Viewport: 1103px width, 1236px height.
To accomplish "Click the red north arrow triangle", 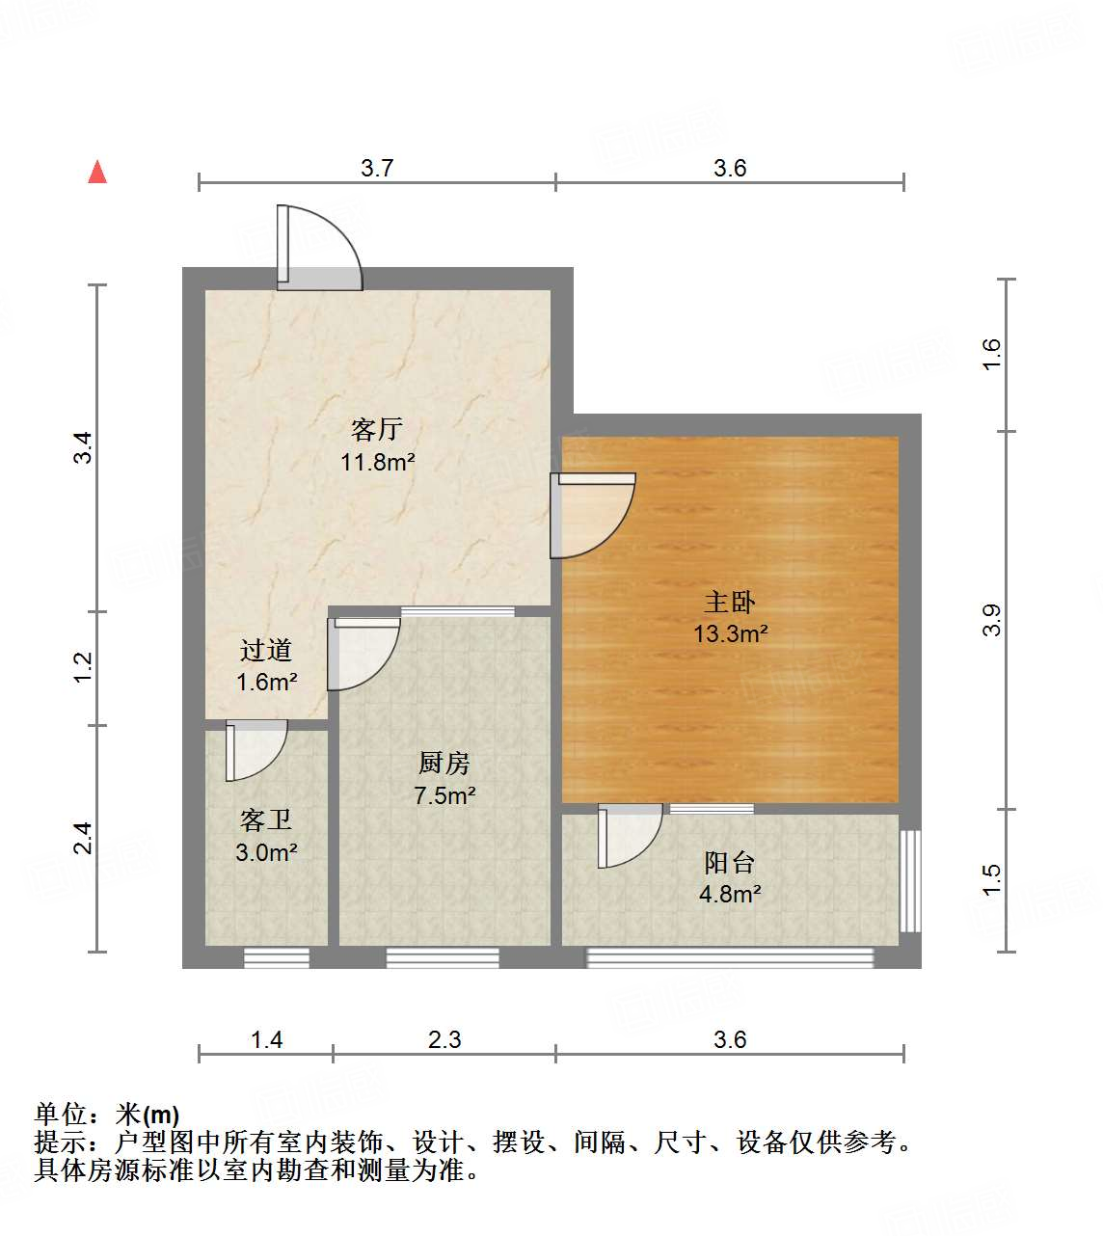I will pyautogui.click(x=97, y=173).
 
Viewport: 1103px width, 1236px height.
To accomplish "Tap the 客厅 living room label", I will pyautogui.click(x=377, y=429).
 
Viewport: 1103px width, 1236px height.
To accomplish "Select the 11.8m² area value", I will pyautogui.click(x=377, y=462).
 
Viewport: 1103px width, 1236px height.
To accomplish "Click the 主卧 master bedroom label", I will pyautogui.click(x=730, y=603).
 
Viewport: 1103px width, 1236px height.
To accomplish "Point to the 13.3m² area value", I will pyautogui.click(x=730, y=633).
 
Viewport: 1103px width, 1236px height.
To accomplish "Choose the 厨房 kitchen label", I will pyautogui.click(x=444, y=764).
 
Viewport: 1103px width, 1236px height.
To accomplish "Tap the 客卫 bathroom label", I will pyautogui.click(x=266, y=820).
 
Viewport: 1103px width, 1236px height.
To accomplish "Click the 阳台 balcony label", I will pyautogui.click(x=730, y=862).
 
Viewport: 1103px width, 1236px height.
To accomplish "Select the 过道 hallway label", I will pyautogui.click(x=266, y=651).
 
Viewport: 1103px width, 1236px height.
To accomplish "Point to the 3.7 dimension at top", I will pyautogui.click(x=377, y=168).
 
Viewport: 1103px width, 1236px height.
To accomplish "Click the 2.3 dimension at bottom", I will pyautogui.click(x=444, y=1039).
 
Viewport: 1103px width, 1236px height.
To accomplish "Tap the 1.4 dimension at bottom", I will pyautogui.click(x=266, y=1039).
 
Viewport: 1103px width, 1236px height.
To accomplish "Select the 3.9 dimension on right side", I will pyautogui.click(x=992, y=620).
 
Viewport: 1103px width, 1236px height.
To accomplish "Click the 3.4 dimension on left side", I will pyautogui.click(x=84, y=447).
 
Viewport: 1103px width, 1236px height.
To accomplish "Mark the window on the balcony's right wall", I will pyautogui.click(x=910, y=880).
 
